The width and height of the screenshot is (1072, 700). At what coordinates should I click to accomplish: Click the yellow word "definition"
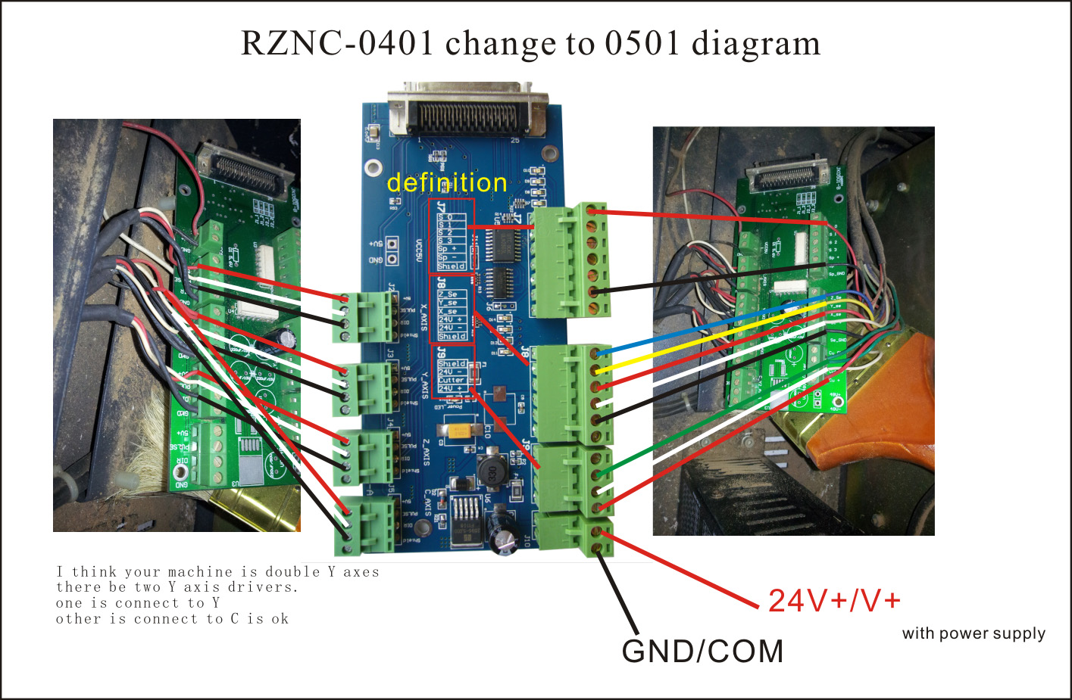click(446, 183)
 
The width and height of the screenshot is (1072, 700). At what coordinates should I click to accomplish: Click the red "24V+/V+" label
click(834, 601)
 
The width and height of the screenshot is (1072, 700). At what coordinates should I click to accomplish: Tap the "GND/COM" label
click(702, 652)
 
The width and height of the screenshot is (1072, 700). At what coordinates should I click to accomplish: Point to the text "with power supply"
click(974, 633)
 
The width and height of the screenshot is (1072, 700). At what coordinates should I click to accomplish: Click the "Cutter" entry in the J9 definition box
click(451, 380)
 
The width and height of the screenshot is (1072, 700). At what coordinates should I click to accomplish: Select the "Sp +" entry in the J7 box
click(447, 248)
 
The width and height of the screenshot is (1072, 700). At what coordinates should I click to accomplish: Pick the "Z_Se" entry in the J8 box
click(448, 294)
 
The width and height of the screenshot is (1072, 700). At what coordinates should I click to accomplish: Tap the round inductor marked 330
click(492, 473)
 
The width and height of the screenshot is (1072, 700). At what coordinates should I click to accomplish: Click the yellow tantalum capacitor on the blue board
click(461, 431)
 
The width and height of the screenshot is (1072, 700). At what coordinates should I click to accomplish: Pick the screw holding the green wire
click(597, 474)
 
